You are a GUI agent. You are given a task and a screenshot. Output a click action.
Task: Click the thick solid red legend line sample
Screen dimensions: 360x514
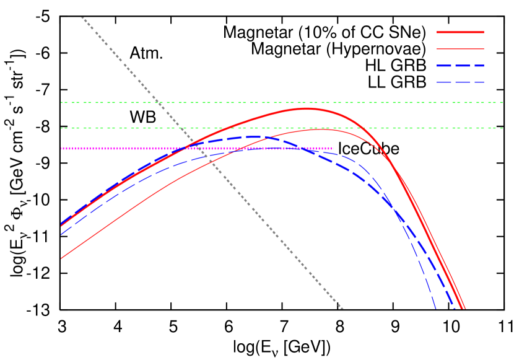[460, 32]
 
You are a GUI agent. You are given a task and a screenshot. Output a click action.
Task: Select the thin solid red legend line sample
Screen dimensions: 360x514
[460, 48]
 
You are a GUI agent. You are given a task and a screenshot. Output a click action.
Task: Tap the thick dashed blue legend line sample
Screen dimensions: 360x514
[460, 65]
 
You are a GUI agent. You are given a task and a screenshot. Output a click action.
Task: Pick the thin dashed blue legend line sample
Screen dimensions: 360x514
[460, 82]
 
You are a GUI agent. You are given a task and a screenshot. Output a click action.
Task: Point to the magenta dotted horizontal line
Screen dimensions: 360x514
[124, 148]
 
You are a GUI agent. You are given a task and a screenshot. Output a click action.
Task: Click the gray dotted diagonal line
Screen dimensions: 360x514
[248, 204]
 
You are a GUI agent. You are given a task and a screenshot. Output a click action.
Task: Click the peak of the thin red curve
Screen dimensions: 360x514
[321, 130]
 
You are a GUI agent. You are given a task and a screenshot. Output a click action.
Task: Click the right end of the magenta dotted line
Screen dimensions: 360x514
[334, 148]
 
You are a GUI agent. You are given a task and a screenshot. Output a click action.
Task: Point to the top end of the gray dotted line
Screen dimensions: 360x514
[82, 17]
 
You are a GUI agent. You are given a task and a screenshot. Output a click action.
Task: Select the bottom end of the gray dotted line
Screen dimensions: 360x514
[342, 308]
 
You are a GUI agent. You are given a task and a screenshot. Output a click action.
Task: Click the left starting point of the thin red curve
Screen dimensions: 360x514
[61, 258]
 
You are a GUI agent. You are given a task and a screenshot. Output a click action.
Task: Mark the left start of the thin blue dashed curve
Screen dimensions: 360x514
[61, 235]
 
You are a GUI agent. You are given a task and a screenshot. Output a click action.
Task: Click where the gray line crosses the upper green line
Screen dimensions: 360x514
[158, 102]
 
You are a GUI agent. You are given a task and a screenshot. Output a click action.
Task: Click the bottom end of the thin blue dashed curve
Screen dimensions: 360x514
[436, 308]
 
